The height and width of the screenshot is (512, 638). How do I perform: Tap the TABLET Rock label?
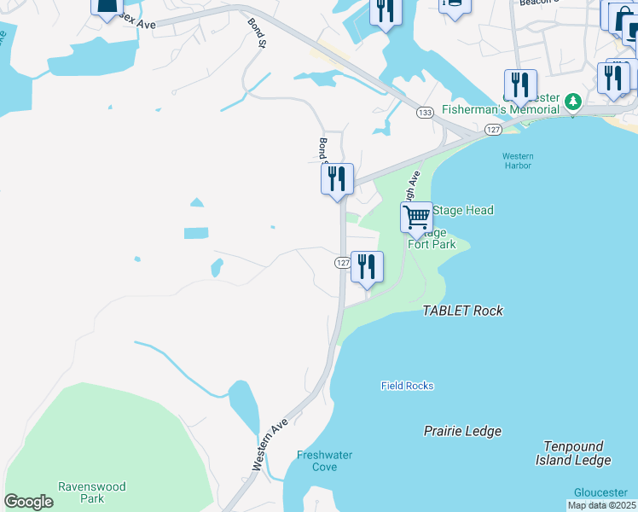click(x=462, y=311)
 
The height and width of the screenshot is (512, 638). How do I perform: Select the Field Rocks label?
click(x=407, y=386)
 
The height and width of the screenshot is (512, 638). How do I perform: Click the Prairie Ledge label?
click(x=462, y=431)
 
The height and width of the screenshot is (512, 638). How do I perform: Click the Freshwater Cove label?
click(x=324, y=461)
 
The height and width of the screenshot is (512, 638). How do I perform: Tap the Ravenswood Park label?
click(x=91, y=492)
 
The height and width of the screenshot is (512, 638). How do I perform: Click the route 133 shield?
click(x=424, y=112)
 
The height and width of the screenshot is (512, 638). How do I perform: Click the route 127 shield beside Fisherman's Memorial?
click(x=492, y=129)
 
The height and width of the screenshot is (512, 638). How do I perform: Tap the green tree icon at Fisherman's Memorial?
click(x=574, y=102)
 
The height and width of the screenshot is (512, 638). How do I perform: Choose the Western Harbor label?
click(x=517, y=160)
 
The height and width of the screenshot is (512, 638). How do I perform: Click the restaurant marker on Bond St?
click(x=337, y=178)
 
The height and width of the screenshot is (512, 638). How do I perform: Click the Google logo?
click(x=28, y=502)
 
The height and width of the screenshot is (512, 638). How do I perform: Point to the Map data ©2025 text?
click(x=601, y=505)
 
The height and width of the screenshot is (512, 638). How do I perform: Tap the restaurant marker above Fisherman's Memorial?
click(x=519, y=84)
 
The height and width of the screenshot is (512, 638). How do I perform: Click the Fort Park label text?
click(x=432, y=244)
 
